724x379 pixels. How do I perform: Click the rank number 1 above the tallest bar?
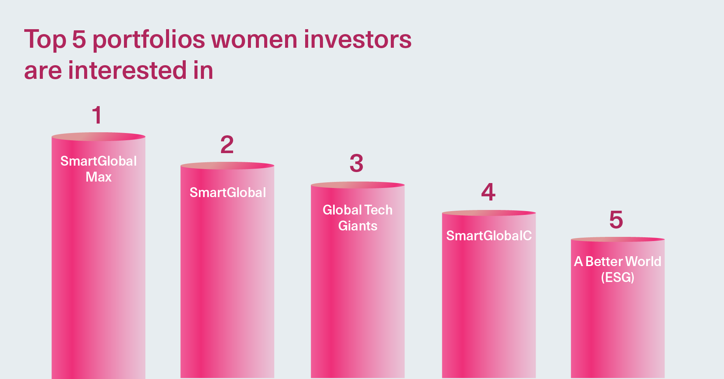click(x=97, y=115)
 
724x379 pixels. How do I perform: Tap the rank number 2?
click(x=227, y=144)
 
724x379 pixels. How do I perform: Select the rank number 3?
click(x=356, y=163)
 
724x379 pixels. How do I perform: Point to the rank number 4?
click(x=488, y=192)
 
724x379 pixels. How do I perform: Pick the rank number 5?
click(x=616, y=220)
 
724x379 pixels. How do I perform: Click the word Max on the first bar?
click(x=99, y=177)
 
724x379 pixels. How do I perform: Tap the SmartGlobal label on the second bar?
click(x=228, y=193)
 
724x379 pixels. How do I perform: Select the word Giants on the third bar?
click(x=358, y=226)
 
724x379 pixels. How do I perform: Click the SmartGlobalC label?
click(x=489, y=236)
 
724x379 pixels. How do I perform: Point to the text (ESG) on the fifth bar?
click(x=617, y=277)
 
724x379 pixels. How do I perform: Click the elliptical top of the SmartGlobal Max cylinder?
click(x=99, y=136)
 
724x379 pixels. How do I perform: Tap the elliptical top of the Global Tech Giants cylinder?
click(x=358, y=185)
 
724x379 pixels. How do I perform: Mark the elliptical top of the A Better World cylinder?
click(x=618, y=240)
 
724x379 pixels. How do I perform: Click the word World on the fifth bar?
click(x=643, y=262)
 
